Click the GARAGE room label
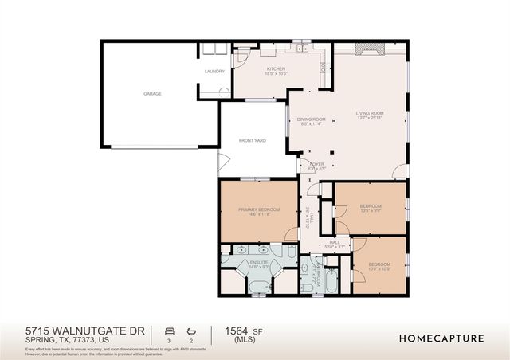click(152, 94)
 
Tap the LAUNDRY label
click(214, 72)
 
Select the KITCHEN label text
click(276, 69)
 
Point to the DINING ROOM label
click(305, 119)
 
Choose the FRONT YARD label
click(252, 140)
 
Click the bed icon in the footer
click(169, 331)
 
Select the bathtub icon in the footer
click(190, 331)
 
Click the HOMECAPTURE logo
click(441, 338)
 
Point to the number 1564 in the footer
click(233, 331)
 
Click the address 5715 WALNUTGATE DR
click(84, 330)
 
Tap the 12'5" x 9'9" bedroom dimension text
click(371, 211)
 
